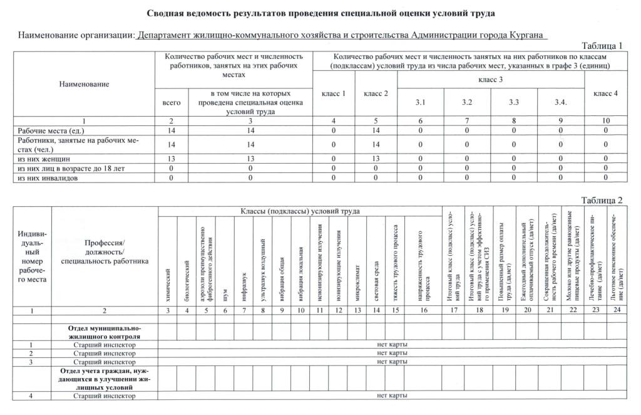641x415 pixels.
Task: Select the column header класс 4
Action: pyautogui.click(x=605, y=93)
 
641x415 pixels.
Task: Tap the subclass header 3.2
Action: pyautogui.click(x=467, y=102)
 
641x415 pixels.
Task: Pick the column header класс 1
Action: pyautogui.click(x=334, y=93)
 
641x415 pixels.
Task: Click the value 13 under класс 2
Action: pyautogui.click(x=376, y=159)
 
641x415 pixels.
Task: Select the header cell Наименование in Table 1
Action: pyautogui.click(x=84, y=84)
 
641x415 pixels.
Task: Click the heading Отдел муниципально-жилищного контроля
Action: pyautogui.click(x=105, y=332)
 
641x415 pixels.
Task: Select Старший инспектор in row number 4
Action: pyautogui.click(x=105, y=396)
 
